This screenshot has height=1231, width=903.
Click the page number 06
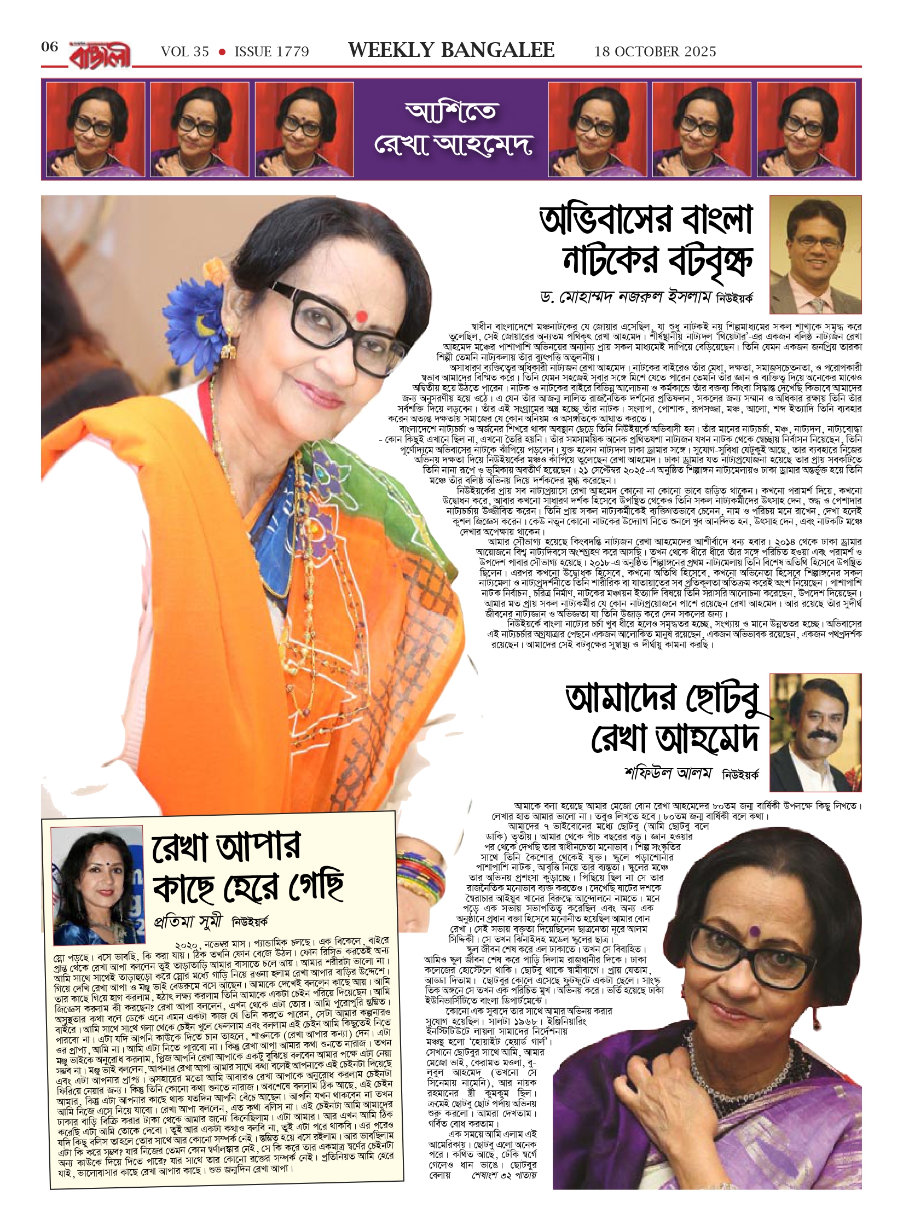tap(49, 47)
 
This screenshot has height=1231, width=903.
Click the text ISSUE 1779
tap(271, 51)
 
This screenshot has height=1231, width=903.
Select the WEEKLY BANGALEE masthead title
tap(451, 50)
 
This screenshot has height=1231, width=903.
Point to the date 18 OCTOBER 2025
tap(655, 51)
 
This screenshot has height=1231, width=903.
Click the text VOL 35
tap(185, 51)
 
